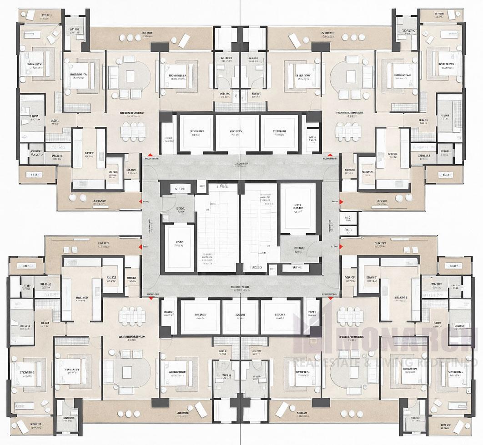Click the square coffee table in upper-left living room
click(130, 76)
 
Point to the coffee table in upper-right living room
click(350, 76)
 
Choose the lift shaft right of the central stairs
click(297, 208)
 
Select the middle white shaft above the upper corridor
click(236, 132)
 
